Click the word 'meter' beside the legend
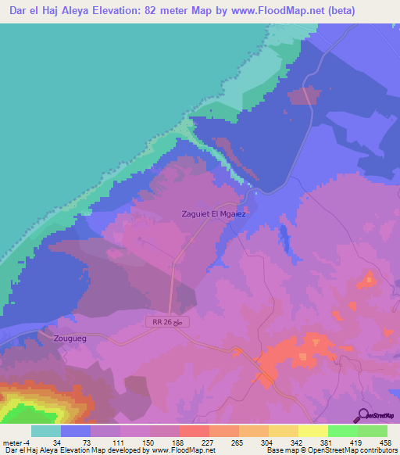(12, 442)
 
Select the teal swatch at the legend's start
(46, 431)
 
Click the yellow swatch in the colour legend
(312, 431)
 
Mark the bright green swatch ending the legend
(373, 431)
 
